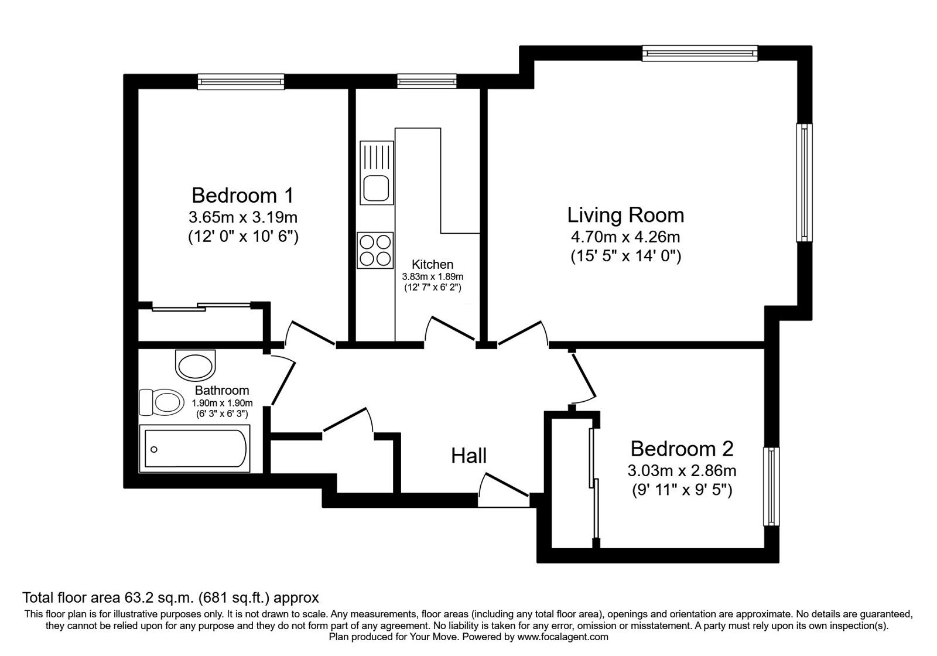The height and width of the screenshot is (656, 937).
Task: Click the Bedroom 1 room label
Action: point(242,194)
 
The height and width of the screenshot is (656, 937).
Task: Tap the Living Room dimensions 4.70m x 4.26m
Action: point(625,237)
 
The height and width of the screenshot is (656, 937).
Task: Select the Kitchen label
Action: point(432,264)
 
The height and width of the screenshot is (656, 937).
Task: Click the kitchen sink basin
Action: point(375,188)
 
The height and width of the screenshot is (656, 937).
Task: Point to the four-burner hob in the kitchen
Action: point(375,250)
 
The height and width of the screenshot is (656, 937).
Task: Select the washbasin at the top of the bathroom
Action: point(196,365)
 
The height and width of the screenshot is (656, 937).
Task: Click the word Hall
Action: point(468,455)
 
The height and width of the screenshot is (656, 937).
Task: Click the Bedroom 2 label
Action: point(682,449)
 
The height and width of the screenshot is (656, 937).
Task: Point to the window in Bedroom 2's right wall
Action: point(771,487)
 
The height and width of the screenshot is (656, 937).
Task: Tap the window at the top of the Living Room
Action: point(699,53)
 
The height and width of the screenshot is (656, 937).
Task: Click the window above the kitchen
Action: point(426,81)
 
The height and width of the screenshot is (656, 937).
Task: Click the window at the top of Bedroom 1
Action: point(241,81)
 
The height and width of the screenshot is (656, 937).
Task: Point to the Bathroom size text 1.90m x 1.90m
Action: point(222,403)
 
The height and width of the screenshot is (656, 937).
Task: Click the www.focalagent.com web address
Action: point(563,637)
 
